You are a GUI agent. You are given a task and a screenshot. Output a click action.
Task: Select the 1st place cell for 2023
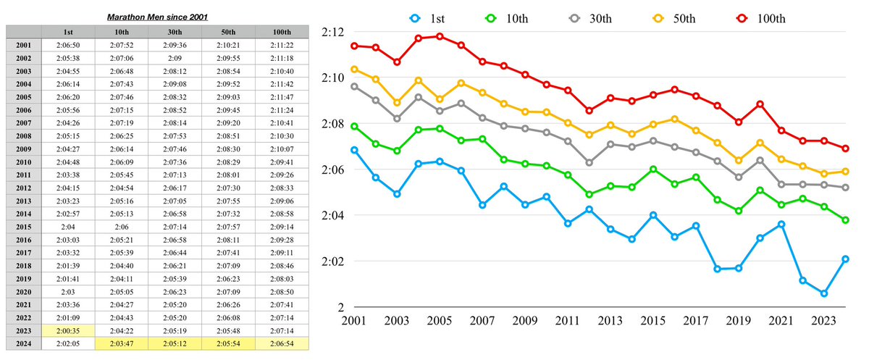pyautogui.click(x=67, y=330)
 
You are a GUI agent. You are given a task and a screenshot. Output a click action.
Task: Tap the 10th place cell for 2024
pyautogui.click(x=121, y=343)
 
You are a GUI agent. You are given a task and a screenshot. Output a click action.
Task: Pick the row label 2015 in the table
pyautogui.click(x=23, y=226)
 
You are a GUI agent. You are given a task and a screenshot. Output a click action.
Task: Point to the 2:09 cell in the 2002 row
pyautogui.click(x=175, y=57)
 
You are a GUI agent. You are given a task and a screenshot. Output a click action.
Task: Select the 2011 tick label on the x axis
pyautogui.click(x=568, y=320)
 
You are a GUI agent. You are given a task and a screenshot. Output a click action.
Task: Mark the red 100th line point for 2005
pyautogui.click(x=439, y=35)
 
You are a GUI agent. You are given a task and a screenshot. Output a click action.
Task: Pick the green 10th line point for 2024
pyautogui.click(x=845, y=220)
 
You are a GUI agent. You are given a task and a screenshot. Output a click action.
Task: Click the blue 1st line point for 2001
pyautogui.click(x=354, y=150)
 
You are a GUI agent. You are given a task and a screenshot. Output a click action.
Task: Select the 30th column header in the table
pyautogui.click(x=175, y=31)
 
